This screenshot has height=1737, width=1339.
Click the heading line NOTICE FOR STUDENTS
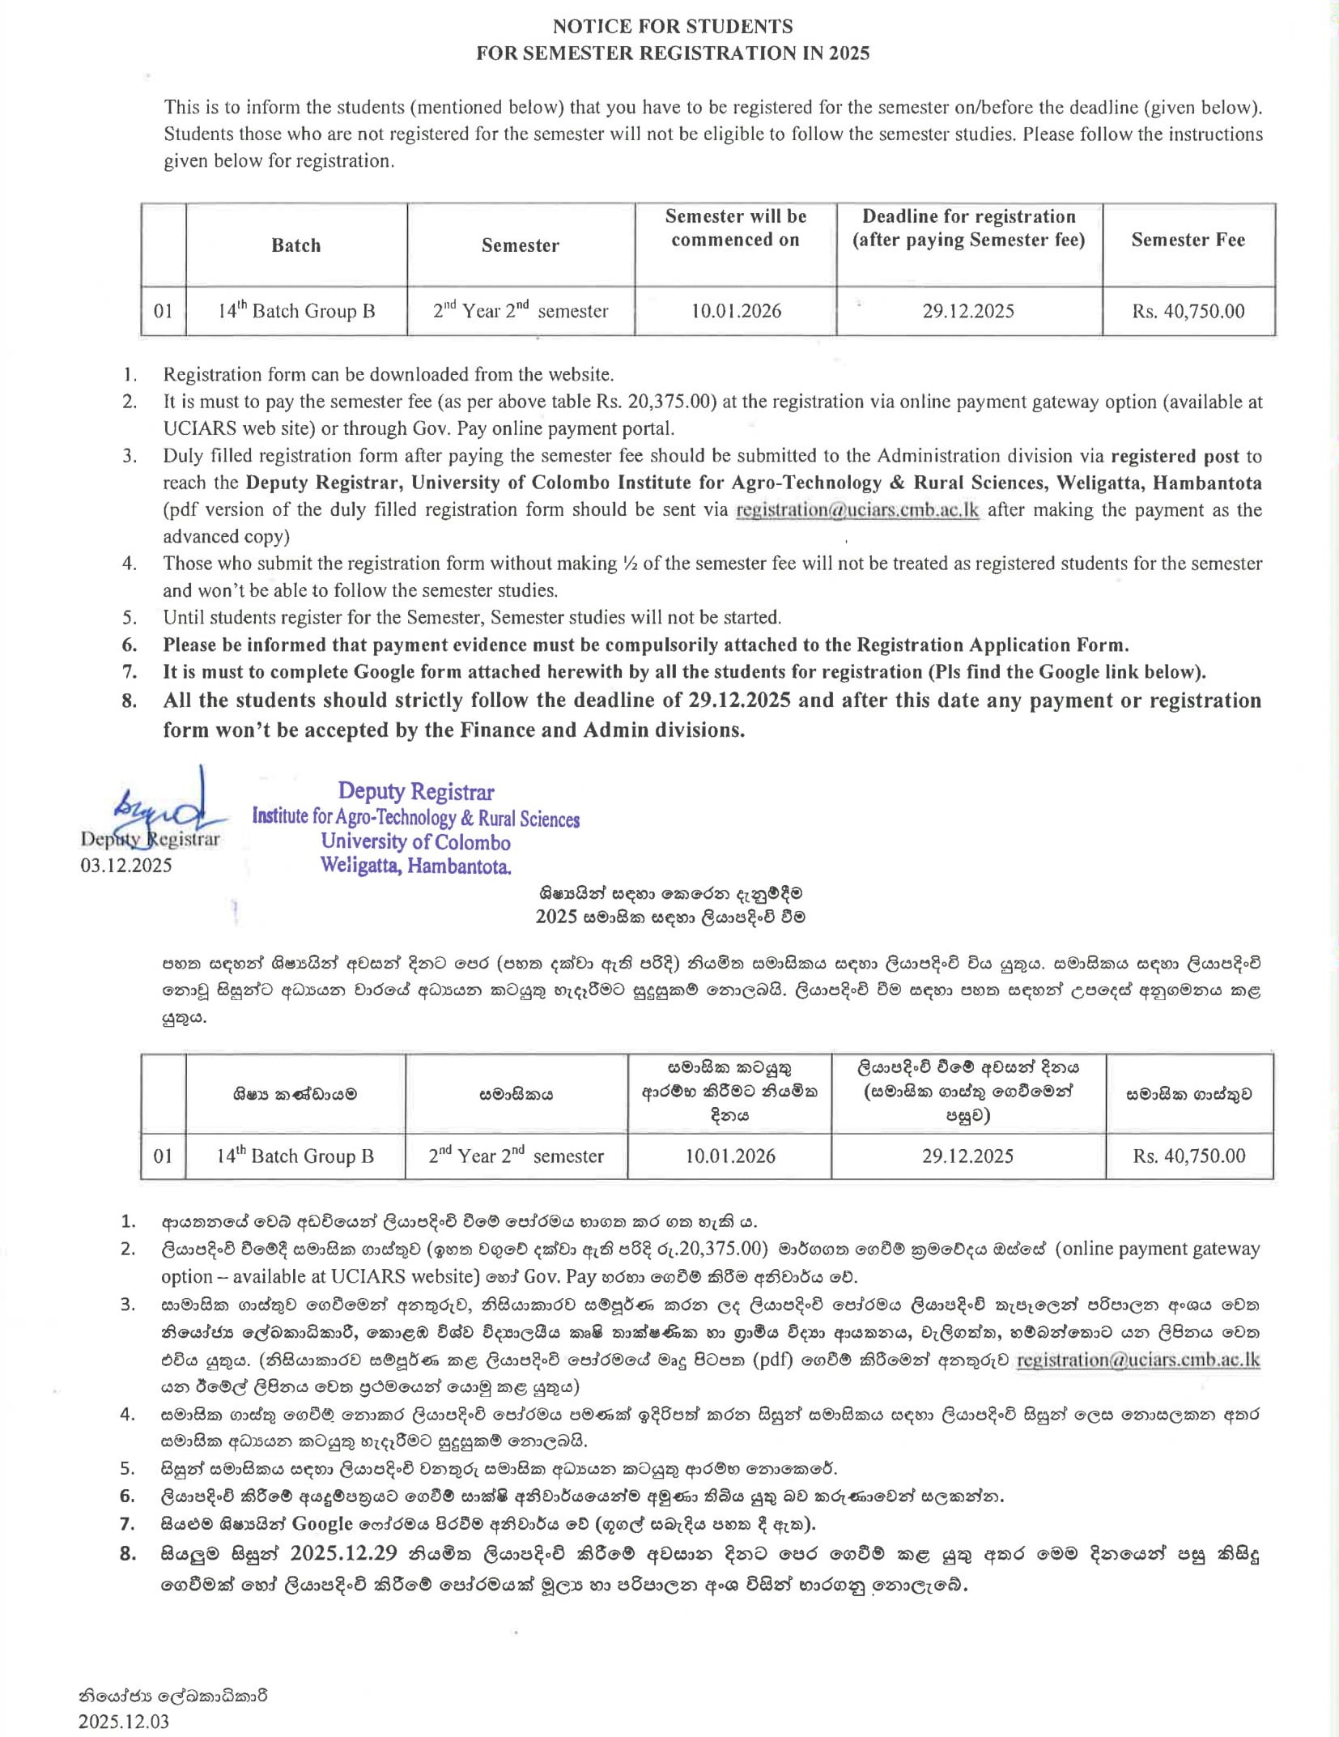(x=673, y=26)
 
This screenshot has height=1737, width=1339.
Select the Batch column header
(x=295, y=245)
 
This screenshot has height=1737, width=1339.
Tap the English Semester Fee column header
(x=1188, y=240)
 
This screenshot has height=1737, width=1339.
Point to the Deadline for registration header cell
(x=968, y=228)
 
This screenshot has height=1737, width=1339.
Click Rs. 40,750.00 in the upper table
(x=1188, y=311)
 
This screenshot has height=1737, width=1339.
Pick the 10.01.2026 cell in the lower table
(x=729, y=1156)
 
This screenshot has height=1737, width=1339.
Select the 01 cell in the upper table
(x=164, y=311)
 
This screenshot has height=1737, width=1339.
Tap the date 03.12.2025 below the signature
(x=126, y=865)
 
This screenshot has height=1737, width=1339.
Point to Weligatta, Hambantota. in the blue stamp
(x=415, y=866)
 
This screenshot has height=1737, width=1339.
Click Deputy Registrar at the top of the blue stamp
(x=415, y=791)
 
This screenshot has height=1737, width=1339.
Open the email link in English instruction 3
(x=857, y=510)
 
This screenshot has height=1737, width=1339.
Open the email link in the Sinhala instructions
(x=1137, y=1360)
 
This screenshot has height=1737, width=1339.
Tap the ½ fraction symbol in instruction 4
(x=630, y=564)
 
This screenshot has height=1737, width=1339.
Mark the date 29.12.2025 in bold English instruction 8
(x=739, y=700)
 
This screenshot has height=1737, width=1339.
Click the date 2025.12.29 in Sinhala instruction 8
(x=343, y=1553)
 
